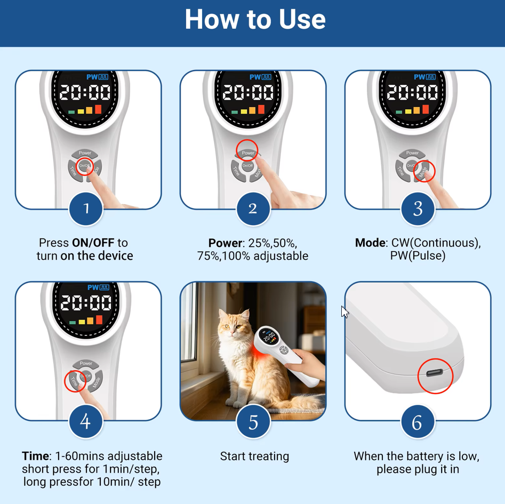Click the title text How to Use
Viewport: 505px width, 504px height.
(x=255, y=19)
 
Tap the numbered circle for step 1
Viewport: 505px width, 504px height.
(x=86, y=209)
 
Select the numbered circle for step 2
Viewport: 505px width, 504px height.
(x=253, y=209)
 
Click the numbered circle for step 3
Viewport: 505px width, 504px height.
(x=418, y=209)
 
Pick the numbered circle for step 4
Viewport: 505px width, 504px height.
(x=86, y=421)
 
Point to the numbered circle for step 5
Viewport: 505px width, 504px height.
(x=253, y=421)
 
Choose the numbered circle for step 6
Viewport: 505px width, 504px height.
(x=418, y=421)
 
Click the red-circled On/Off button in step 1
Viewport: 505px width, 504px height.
(x=85, y=166)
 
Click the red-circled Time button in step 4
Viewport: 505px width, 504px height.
(x=75, y=381)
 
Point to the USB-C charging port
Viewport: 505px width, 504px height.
(x=435, y=373)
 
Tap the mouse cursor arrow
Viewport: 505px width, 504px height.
(x=344, y=312)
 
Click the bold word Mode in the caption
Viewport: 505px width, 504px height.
(x=370, y=243)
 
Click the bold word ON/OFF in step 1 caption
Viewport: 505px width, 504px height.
(x=93, y=243)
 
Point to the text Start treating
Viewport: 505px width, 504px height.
(x=254, y=457)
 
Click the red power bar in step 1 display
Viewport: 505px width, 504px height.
(x=98, y=109)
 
